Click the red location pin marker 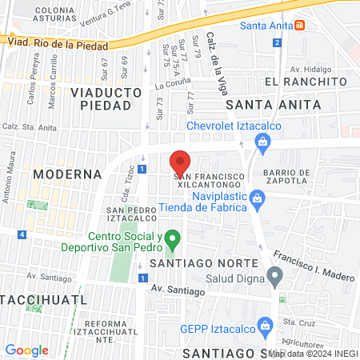(181, 162)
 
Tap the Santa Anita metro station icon (299, 25)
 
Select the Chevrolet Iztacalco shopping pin (261, 142)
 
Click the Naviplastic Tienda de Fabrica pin (256, 197)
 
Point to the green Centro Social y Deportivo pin (178, 238)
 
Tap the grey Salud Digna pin (275, 278)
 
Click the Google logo (26, 350)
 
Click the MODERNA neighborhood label (67, 174)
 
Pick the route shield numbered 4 (22, 234)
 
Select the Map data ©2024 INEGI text (313, 353)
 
